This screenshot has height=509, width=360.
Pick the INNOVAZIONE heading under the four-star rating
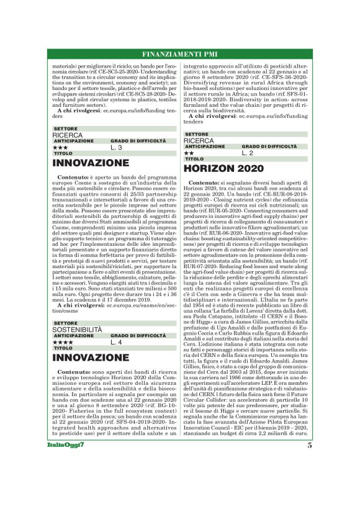point(91,358)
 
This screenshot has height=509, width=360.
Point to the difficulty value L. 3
point(116,148)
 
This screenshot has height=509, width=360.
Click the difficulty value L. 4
point(116,342)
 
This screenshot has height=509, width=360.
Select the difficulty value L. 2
point(248,153)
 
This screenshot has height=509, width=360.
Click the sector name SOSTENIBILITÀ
point(76,329)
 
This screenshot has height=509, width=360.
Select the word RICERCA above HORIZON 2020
point(199,140)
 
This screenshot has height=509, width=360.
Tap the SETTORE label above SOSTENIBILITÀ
point(66,323)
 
